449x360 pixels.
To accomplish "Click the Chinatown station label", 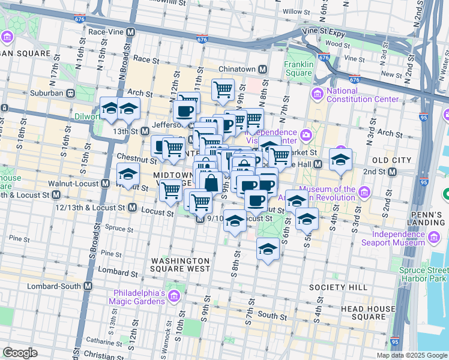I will click(237, 70).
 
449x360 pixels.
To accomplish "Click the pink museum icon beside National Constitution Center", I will click(316, 94).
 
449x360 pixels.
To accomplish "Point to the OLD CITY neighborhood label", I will click(391, 160).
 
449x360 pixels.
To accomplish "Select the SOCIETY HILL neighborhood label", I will click(338, 287).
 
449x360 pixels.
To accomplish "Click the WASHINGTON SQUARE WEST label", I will click(181, 265).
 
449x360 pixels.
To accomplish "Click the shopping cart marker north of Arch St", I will click(223, 89).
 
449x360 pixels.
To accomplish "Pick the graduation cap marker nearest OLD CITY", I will click(340, 159).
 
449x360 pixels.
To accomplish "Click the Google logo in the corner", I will click(20, 353).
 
